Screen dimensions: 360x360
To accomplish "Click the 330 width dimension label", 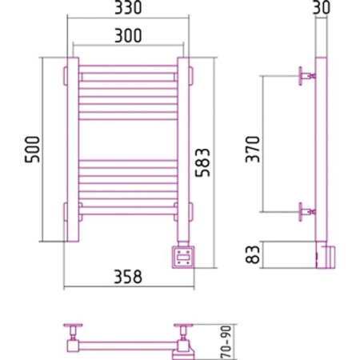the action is point(128,7).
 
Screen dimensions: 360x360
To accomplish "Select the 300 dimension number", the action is point(128,36).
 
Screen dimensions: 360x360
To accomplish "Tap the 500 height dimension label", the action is point(32,150).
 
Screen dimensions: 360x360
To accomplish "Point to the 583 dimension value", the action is point(202,162).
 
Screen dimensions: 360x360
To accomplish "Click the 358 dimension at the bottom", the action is point(128,277).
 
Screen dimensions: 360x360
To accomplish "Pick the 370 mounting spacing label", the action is point(253,150).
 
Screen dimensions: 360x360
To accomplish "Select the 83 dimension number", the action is point(252,254).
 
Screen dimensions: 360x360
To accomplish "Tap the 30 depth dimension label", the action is point(322,7).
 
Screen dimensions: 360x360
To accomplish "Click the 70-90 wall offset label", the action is point(226,342).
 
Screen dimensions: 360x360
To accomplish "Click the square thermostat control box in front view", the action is point(183,257).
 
